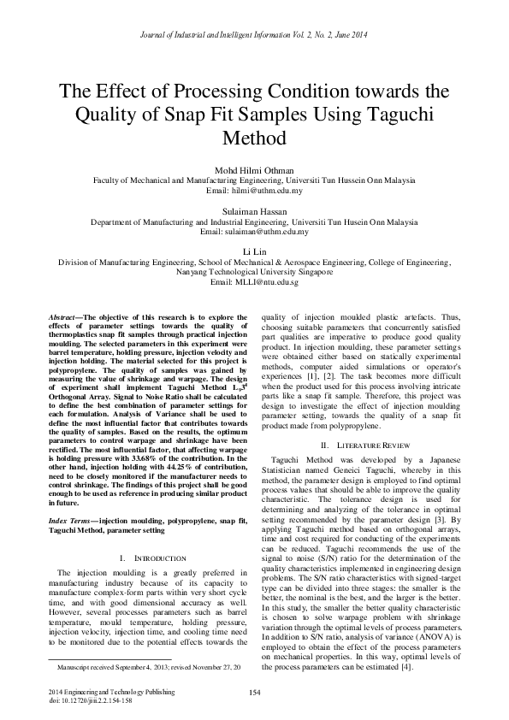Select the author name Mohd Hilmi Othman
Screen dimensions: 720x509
(x=254, y=169)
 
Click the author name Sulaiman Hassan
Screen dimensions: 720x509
(x=254, y=210)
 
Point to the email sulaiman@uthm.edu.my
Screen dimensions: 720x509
(x=254, y=232)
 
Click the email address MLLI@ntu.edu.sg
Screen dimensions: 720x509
(x=254, y=282)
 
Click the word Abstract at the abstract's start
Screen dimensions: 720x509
(x=64, y=318)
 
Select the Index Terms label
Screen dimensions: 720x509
(x=71, y=520)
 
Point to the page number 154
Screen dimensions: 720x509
(x=254, y=692)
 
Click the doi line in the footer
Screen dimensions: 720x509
(x=90, y=699)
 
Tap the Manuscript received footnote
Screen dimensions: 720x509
(x=148, y=665)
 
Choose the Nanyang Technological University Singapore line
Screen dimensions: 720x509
(x=254, y=272)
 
